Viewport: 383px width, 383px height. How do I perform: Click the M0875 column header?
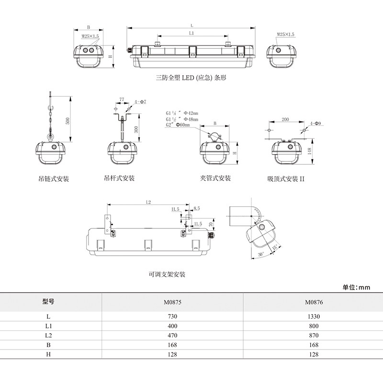173,302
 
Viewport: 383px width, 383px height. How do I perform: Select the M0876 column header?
314,302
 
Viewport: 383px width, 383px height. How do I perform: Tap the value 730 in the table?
173,316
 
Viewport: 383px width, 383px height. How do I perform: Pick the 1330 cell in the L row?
314,316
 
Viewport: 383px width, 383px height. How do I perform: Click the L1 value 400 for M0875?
173,326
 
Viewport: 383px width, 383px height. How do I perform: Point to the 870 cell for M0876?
314,336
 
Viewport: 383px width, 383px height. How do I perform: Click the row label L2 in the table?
48,336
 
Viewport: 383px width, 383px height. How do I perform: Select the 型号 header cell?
48,302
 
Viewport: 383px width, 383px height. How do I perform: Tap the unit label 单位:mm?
357,288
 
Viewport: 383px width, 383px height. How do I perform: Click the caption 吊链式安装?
54,179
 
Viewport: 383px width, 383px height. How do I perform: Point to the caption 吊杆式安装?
119,179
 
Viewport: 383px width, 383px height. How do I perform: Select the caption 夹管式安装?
215,179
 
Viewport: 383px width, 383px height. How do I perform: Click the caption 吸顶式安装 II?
286,179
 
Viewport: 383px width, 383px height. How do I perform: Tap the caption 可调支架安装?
167,275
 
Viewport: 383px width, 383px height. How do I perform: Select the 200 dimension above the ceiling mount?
285,119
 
